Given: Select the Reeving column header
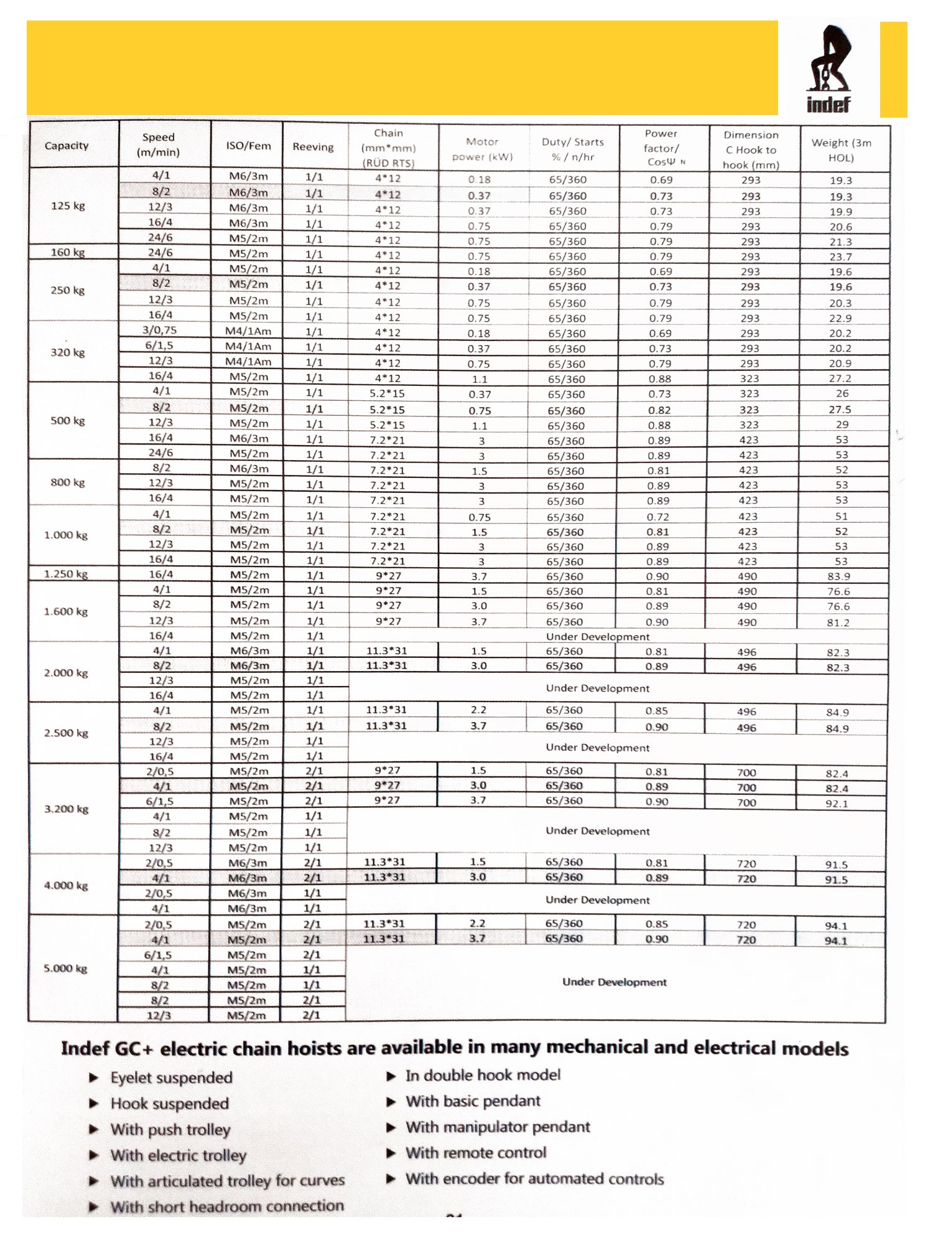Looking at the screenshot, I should (313, 147).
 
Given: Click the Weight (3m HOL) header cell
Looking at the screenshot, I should (841, 150).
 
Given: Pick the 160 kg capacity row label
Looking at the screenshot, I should (68, 252).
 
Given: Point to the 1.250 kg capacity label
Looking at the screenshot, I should (66, 574).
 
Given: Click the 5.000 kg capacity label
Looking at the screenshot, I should (65, 969).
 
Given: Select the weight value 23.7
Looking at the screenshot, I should (840, 256).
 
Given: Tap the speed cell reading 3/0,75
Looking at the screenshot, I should (160, 331).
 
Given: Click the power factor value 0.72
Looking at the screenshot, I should (658, 517).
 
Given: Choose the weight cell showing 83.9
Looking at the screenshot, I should (838, 576).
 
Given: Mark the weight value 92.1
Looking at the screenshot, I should (837, 804).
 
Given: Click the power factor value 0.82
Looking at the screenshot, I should (659, 410).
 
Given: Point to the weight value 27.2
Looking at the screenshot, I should (840, 378).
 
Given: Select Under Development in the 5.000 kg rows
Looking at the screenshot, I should (614, 982).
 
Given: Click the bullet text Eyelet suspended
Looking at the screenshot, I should (171, 1078).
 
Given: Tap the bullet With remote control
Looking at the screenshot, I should (476, 1153).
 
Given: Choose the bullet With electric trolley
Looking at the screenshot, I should (179, 1156).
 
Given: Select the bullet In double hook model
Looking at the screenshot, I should (483, 1075).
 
